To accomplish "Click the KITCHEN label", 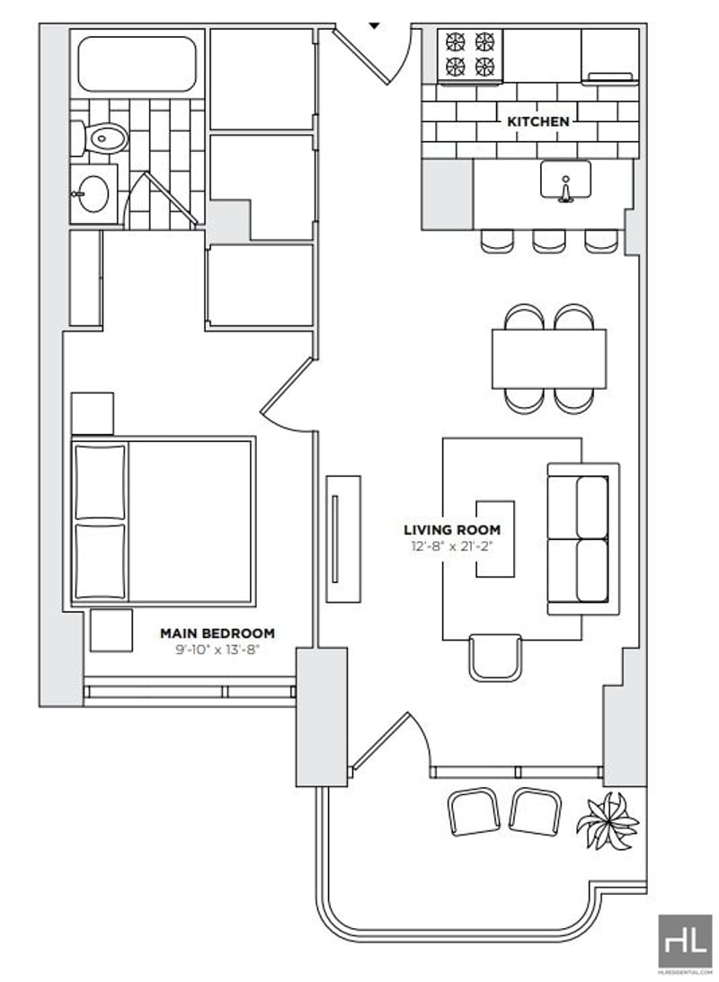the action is click(538, 121).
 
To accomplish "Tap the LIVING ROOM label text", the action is click(452, 530).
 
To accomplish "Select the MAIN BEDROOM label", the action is click(217, 633).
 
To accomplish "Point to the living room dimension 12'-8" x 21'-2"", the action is click(452, 546).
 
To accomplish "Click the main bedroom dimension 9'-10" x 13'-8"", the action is click(217, 650).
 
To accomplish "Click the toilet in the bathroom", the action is click(99, 138).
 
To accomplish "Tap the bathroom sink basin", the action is click(94, 194).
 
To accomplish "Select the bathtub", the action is click(138, 64).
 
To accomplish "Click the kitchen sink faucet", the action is click(565, 190).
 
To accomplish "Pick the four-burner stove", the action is click(470, 55).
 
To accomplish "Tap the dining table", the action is click(548, 358).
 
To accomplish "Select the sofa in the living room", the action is click(583, 538).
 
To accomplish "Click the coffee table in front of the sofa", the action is click(495, 538).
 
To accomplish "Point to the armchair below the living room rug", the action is click(495, 658).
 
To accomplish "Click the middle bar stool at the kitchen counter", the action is click(548, 241).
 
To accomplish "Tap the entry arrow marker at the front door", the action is click(374, 26).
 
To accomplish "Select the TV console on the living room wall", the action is click(343, 539).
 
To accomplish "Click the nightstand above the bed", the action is click(92, 413).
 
